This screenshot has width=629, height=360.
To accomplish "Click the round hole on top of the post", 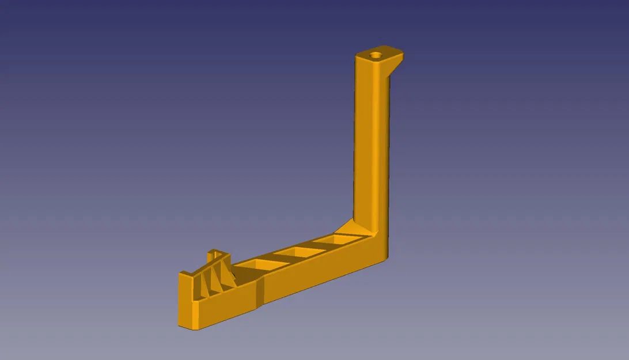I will click(x=376, y=56).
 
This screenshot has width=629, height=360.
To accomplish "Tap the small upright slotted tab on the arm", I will click(x=217, y=254).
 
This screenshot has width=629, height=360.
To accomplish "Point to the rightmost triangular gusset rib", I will click(x=228, y=274).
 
